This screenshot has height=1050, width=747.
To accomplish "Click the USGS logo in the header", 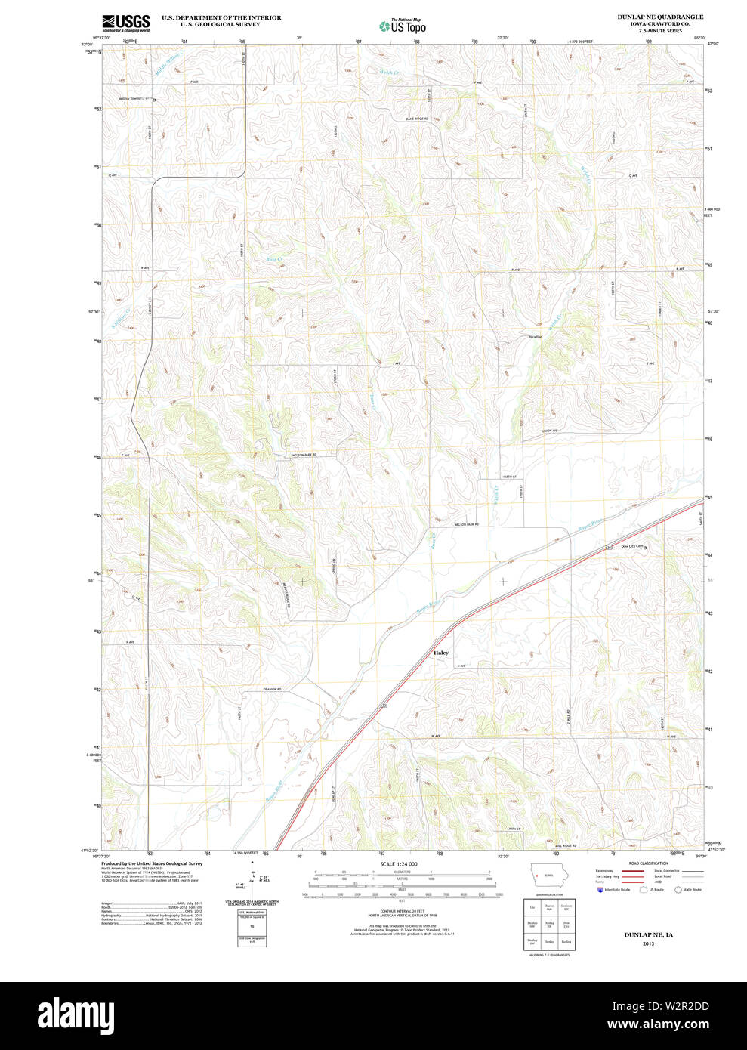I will coord(126,23).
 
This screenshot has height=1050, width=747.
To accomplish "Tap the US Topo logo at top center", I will coord(403,26).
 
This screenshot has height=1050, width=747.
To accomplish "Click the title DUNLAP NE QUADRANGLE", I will coord(649,17).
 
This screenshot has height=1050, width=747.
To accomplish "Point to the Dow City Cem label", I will coord(631,546).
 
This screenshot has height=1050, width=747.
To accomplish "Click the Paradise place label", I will coord(535,336).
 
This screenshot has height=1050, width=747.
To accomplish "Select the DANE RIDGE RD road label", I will coord(416,119).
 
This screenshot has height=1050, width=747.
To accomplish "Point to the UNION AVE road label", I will coord(549,431).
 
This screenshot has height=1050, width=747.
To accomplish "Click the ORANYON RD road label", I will coord(272,690).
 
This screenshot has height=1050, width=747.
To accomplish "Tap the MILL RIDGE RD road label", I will coord(564,845).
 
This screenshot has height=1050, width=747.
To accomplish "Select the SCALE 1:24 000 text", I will coord(399,864).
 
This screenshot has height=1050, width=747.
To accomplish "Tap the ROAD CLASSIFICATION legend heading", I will coord(649,863).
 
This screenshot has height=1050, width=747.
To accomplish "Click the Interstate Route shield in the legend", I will coord(600,890).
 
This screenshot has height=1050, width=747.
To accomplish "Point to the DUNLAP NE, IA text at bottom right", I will coord(648,934).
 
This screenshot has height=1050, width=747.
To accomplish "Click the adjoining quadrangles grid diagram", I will coord(549,923).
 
